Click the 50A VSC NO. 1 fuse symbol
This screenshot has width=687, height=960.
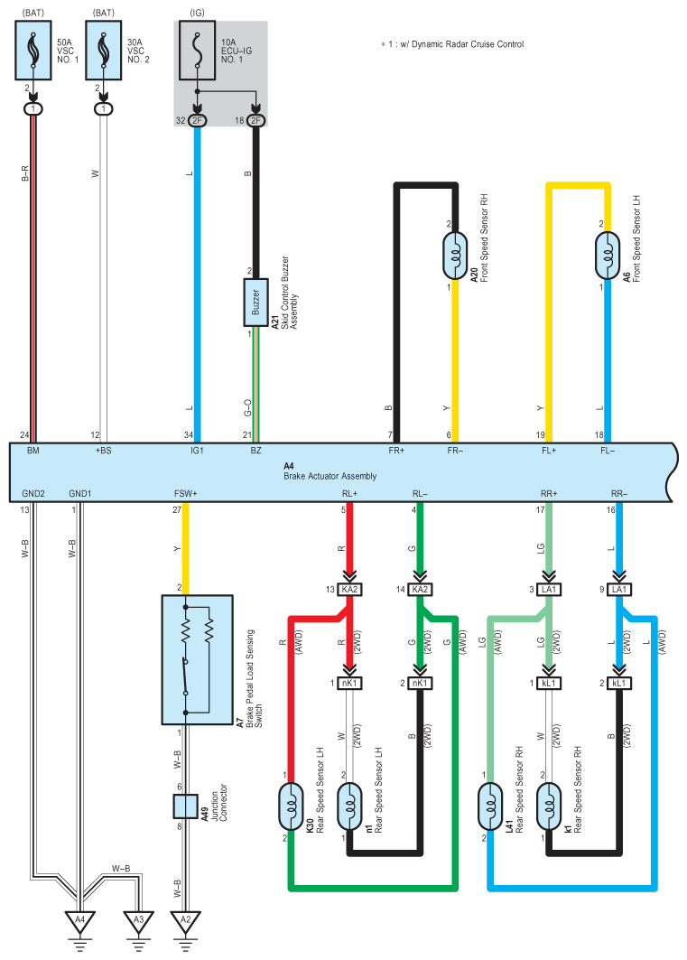coord(33,51)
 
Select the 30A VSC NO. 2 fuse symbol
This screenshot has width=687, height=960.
coord(104,51)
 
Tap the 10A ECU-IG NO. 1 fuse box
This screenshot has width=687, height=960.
coord(197,51)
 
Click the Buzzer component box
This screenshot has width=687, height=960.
coord(255,303)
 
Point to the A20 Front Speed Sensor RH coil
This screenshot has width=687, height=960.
coord(455,256)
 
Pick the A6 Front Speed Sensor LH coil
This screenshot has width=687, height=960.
coord(608,256)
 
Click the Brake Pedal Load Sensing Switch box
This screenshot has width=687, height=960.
coord(197,660)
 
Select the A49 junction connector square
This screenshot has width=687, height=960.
coord(185,807)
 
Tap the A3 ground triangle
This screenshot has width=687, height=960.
coord(138,921)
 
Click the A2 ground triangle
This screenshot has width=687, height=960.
coord(185,921)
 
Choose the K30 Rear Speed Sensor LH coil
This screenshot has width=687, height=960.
coord(291,807)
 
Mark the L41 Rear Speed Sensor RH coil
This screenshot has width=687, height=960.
coord(490,807)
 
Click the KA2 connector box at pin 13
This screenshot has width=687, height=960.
coord(349,589)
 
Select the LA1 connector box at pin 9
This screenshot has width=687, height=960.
coord(619,589)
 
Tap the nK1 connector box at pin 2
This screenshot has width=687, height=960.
coord(420,683)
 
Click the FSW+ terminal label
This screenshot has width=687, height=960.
coord(185,493)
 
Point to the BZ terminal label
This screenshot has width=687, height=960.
coord(255,451)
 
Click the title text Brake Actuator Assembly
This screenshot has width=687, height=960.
coord(330,476)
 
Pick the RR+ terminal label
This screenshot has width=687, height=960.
coord(549,493)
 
